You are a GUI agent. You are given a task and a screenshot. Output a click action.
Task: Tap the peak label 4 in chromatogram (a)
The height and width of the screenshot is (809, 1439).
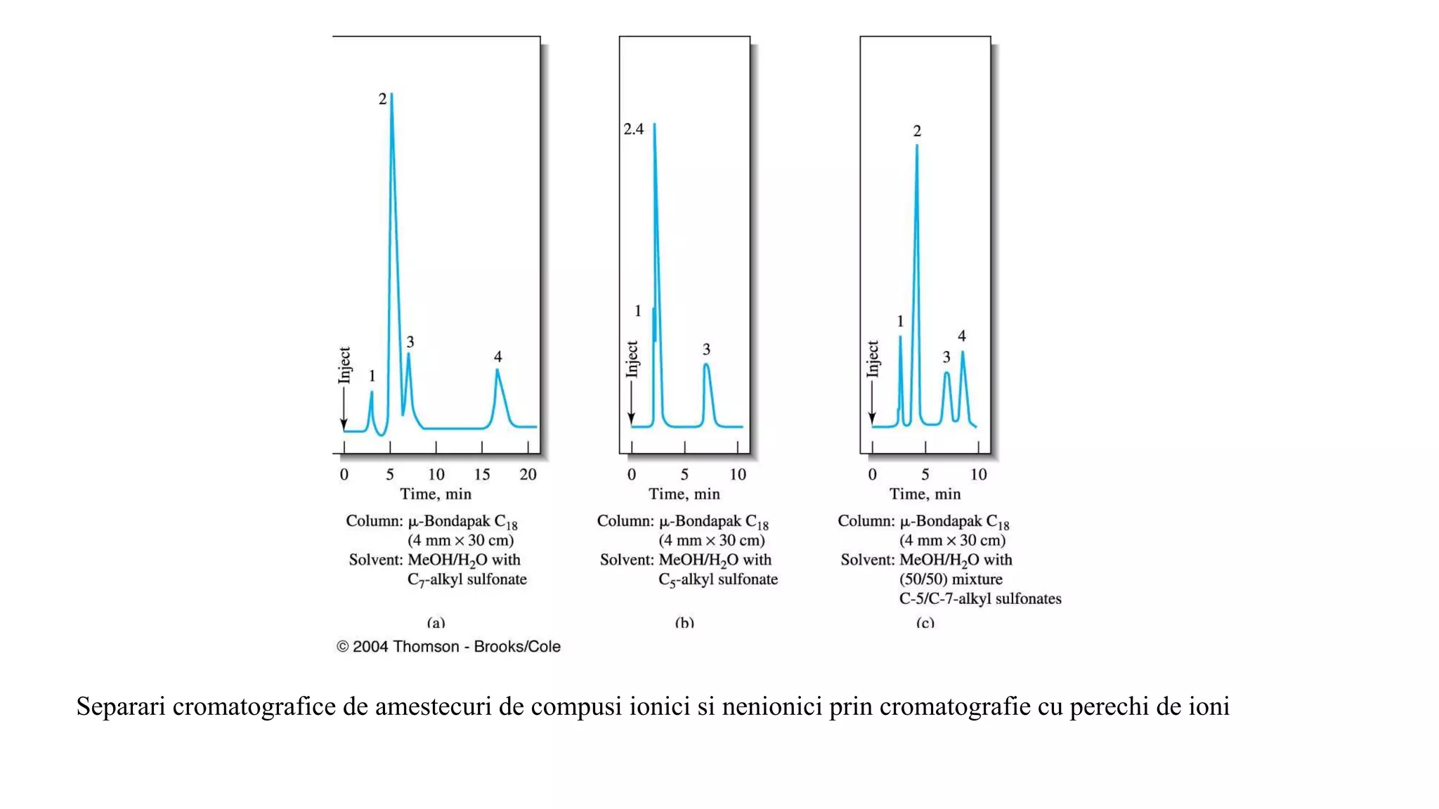coord(497,357)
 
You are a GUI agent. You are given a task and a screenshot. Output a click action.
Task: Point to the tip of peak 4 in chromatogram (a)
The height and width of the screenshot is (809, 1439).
coord(497,370)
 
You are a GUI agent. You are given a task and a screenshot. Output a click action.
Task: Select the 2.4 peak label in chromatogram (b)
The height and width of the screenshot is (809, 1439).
coord(633,129)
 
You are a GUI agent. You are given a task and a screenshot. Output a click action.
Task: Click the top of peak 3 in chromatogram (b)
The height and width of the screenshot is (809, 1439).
coord(706,364)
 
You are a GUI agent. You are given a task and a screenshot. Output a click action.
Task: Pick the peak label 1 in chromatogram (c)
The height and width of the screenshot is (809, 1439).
coord(900,322)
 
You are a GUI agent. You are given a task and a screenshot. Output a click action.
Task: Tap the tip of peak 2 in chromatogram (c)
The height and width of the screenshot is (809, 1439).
coord(917,146)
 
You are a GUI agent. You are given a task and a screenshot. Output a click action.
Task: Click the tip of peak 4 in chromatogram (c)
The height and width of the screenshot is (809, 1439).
coord(963,352)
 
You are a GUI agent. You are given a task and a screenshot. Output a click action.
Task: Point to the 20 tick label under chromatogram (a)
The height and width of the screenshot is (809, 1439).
coord(528,475)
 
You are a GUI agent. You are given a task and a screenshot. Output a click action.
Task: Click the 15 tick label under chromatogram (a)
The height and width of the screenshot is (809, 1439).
coord(482,475)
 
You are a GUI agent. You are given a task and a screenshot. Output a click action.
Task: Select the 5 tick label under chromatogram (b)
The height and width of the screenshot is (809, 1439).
coord(684,475)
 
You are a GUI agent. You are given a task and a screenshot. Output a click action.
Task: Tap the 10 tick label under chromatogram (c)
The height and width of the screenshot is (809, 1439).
coord(978,475)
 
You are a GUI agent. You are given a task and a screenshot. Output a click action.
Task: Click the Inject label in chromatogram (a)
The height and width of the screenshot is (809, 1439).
coord(344,365)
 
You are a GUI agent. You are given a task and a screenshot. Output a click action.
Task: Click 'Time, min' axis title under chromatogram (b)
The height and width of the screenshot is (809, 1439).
coord(684,494)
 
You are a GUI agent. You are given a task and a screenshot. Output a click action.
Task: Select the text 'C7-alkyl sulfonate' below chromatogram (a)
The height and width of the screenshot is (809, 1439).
coord(467,580)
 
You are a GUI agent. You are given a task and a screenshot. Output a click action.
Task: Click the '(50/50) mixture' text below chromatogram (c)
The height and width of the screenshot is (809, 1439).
coord(951,579)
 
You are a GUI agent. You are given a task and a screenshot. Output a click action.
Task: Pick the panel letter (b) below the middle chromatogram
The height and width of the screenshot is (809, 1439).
coord(684,623)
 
